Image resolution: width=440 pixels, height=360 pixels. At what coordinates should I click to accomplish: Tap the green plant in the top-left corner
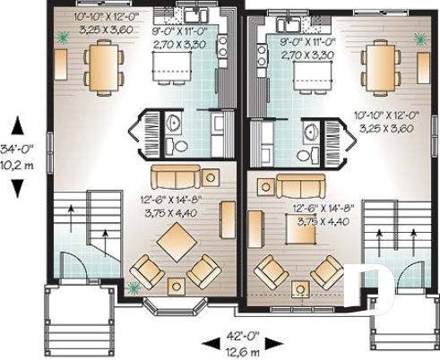pyautogui.click(x=63, y=38)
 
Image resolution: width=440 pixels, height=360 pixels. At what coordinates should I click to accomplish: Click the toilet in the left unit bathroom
pyautogui.click(x=178, y=145)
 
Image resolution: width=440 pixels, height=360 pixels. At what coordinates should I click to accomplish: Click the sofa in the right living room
pyautogui.click(x=302, y=185)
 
